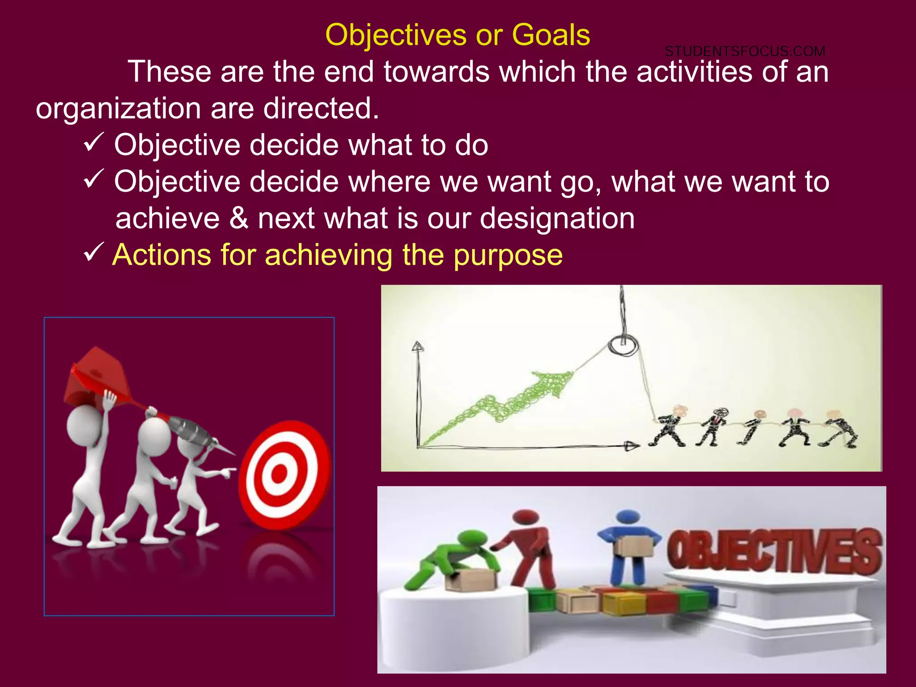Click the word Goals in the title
tap(551, 35)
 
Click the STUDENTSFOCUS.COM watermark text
tap(745, 51)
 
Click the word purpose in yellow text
tap(508, 255)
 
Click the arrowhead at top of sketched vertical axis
tap(417, 347)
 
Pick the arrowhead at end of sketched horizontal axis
tap(631, 446)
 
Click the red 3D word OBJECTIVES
tap(774, 551)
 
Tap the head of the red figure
tap(526, 517)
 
